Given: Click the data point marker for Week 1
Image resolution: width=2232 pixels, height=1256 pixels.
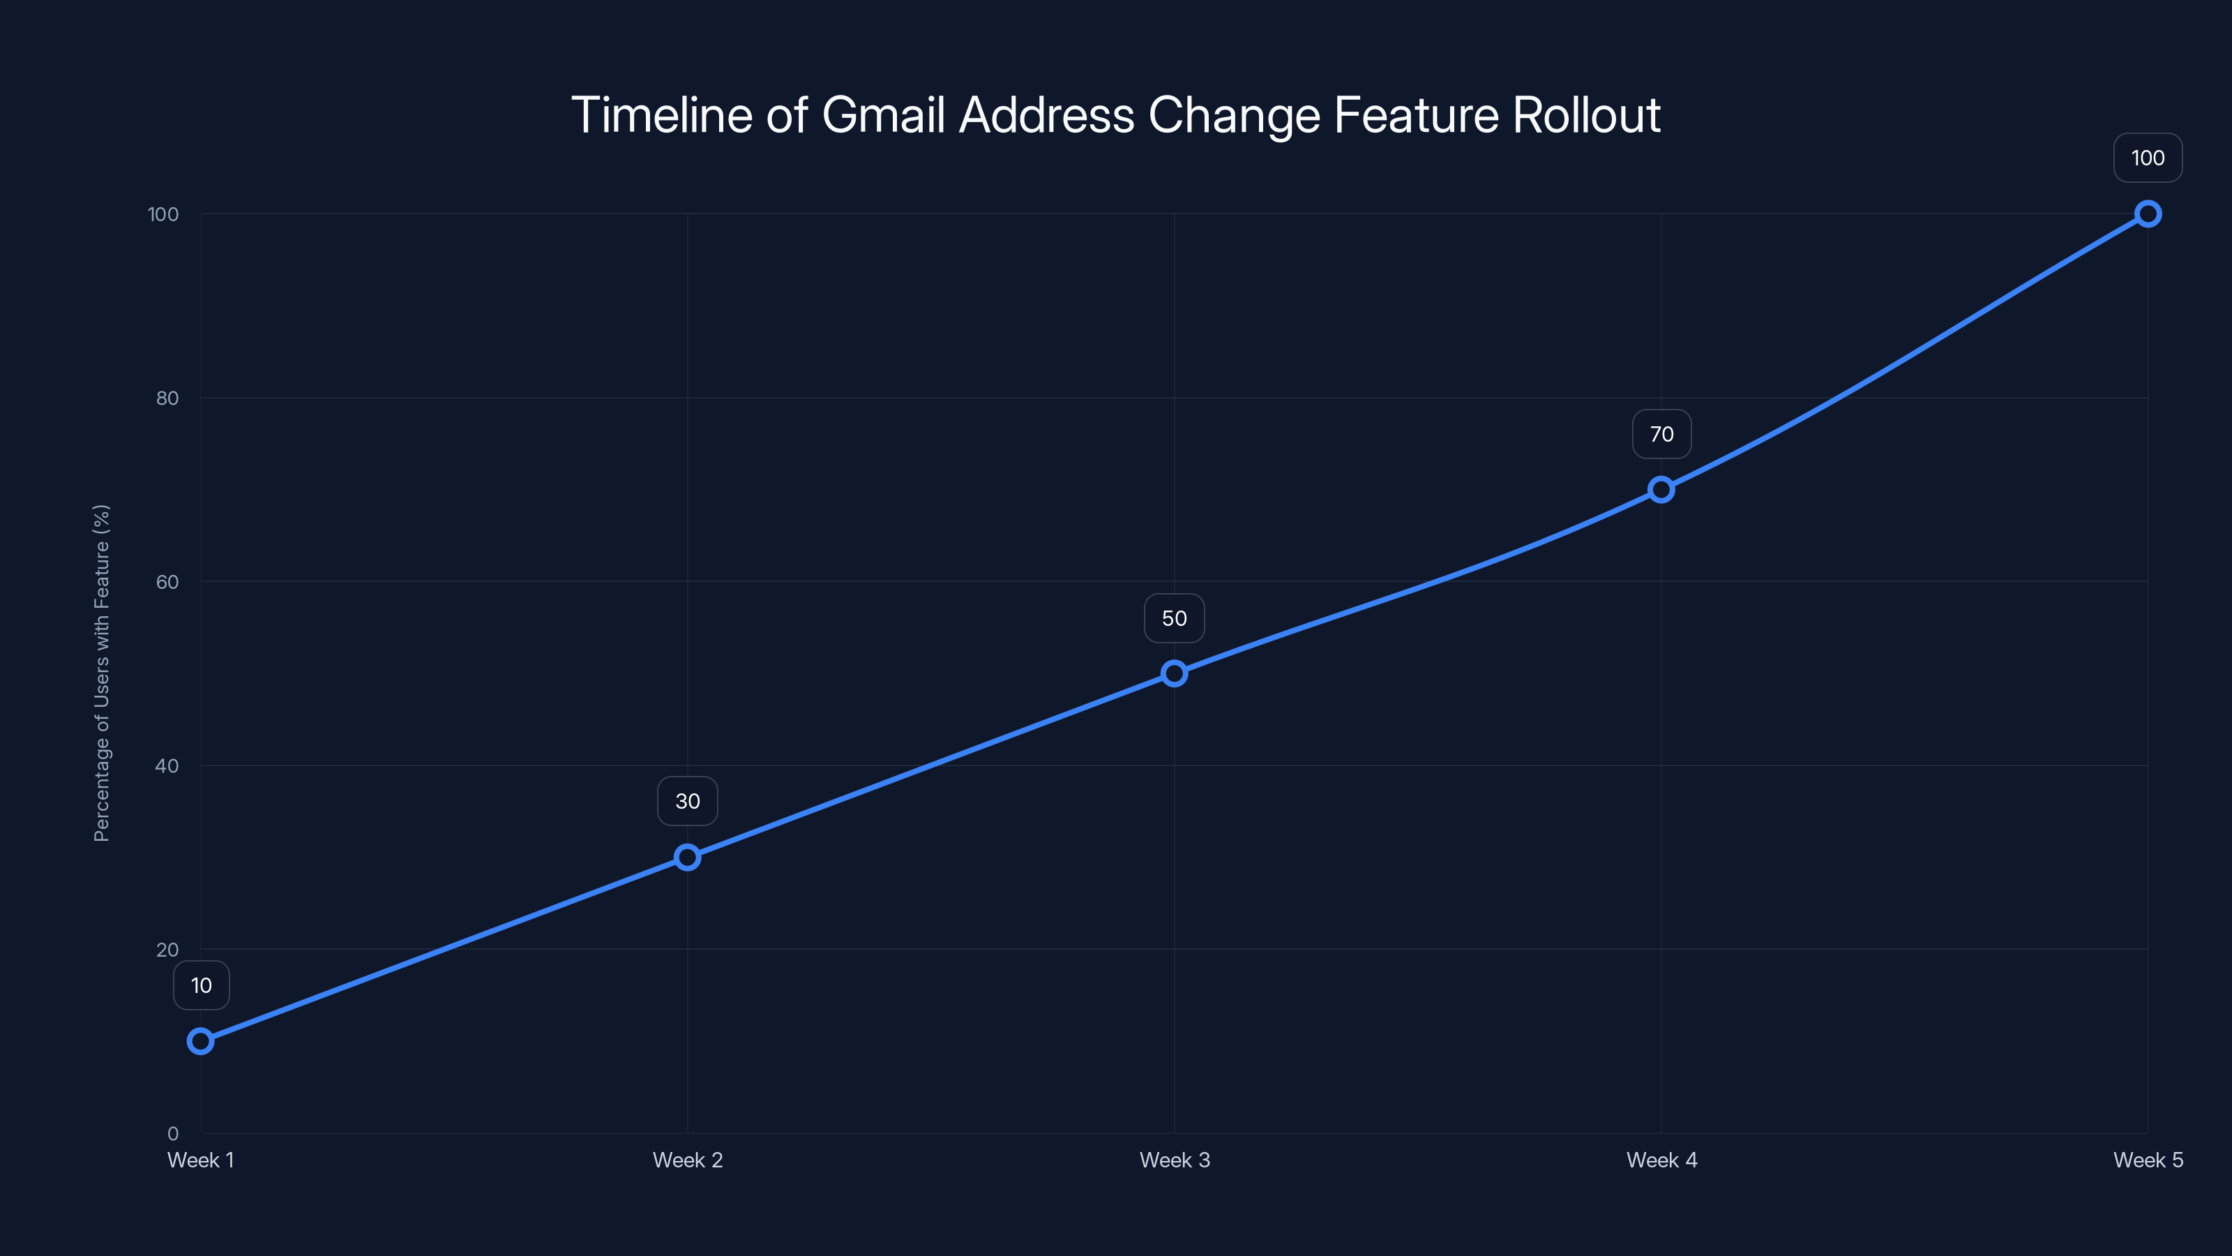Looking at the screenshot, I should pos(200,1040).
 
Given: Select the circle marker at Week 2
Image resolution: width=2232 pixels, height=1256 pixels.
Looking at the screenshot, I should pos(687,858).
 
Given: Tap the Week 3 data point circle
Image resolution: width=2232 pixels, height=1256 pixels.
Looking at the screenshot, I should pos(1174,673).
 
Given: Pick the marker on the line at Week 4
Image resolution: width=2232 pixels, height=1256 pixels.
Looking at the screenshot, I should pos(1661,490).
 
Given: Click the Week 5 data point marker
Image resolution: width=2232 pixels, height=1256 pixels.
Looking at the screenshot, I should pos(2148,214).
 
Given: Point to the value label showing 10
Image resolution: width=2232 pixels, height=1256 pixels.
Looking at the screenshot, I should pos(201,985).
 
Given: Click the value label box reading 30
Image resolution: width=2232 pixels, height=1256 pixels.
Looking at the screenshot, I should pos(687,801).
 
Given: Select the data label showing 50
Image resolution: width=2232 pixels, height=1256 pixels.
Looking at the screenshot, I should pos(1174,618).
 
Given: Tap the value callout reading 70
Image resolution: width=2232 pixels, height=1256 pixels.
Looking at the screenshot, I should pos(1661,434).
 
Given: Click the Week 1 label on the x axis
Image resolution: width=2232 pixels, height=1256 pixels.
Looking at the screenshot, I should pos(200,1160).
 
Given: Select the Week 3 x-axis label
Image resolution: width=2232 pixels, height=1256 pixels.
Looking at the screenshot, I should pos(1174,1160).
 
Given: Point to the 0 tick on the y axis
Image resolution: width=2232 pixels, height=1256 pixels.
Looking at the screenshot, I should pos(172,1133).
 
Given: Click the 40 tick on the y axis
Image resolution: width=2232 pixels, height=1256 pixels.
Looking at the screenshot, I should pos(167,765).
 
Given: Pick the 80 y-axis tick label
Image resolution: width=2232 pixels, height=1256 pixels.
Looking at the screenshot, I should pos(167,398).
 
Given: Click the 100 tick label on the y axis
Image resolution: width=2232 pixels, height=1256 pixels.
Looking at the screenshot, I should pos(163,214).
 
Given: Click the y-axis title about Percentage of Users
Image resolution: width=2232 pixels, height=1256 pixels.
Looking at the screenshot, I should pos(101,673).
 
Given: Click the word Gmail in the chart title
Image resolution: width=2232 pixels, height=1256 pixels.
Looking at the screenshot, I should pos(882,115).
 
